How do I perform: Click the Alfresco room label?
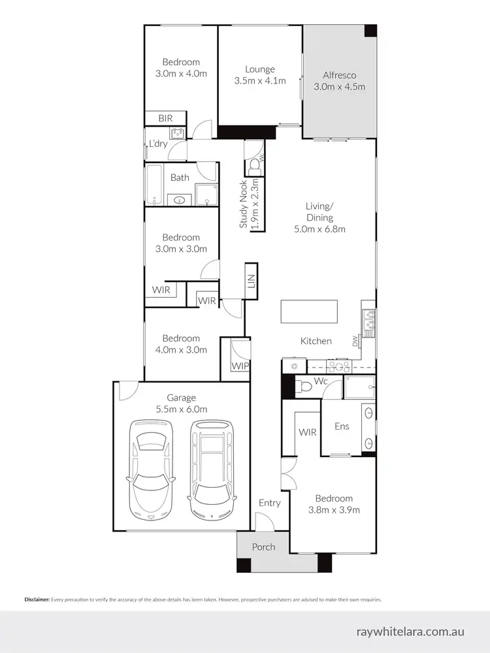pyautogui.click(x=338, y=74)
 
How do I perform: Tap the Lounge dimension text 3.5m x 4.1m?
pyautogui.click(x=260, y=81)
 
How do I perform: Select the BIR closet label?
pyautogui.click(x=165, y=118)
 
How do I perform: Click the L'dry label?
pyautogui.click(x=158, y=144)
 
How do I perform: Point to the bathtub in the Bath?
pyautogui.click(x=154, y=184)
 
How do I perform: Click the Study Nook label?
pyautogui.click(x=244, y=204)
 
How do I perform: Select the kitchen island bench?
pyautogui.click(x=309, y=311)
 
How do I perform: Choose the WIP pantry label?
pyautogui.click(x=240, y=366)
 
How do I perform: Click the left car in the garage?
pyautogui.click(x=154, y=468)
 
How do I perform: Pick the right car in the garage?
pyautogui.click(x=211, y=468)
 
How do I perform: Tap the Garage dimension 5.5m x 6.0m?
pyautogui.click(x=181, y=409)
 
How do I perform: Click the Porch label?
pyautogui.click(x=263, y=547)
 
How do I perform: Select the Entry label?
pyautogui.click(x=269, y=502)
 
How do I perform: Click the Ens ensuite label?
pyautogui.click(x=341, y=426)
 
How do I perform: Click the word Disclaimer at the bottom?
pyautogui.click(x=37, y=599)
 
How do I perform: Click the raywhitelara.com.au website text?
pyautogui.click(x=411, y=631)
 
